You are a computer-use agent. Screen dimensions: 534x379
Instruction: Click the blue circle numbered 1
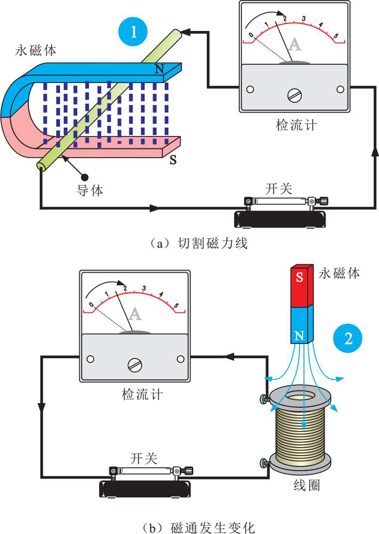(x=133, y=31)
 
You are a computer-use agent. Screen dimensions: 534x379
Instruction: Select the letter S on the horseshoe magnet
(x=173, y=160)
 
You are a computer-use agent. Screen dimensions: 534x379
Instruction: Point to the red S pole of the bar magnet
(x=299, y=277)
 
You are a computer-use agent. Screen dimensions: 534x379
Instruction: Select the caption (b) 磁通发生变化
(x=202, y=527)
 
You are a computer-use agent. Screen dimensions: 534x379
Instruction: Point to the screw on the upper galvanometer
(x=294, y=95)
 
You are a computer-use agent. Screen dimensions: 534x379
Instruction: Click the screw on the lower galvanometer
(x=135, y=364)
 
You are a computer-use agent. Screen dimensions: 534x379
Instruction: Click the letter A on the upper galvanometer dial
(x=295, y=44)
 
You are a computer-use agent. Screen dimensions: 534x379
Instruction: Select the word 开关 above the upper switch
(x=279, y=189)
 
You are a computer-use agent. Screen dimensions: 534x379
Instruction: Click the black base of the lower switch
(x=145, y=489)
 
